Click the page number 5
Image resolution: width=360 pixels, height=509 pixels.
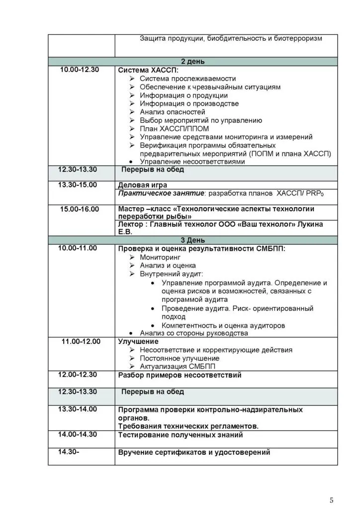(x=332, y=500)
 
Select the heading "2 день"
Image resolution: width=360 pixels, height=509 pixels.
(x=192, y=62)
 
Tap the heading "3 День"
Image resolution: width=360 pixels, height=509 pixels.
(x=192, y=240)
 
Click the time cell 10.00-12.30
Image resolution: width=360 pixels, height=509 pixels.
(x=80, y=70)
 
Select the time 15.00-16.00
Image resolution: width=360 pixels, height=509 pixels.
(x=80, y=209)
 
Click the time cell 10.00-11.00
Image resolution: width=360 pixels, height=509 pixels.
(x=78, y=248)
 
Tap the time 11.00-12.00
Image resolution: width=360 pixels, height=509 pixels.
(x=81, y=341)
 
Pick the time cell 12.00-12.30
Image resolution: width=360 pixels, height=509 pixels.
(x=78, y=374)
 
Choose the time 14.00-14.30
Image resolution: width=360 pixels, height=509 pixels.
(x=78, y=434)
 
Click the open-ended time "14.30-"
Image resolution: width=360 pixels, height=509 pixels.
(x=69, y=452)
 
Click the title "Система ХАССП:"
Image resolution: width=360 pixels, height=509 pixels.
(x=144, y=70)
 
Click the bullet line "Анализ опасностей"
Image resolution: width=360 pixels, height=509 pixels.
(x=172, y=112)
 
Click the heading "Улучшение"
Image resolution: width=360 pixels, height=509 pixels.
(x=138, y=341)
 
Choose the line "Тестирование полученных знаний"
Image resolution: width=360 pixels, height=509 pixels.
(x=180, y=435)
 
